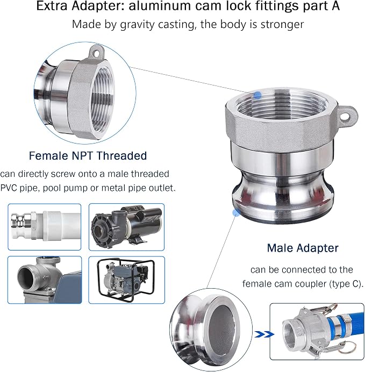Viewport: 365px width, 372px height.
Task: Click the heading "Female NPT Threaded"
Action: (x=88, y=156)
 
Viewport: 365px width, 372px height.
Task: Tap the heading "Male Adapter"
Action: (x=303, y=248)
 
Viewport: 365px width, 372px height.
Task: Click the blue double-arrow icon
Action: (x=264, y=334)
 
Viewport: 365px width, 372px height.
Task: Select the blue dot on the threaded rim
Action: (x=257, y=95)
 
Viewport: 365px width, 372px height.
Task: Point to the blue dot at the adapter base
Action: (x=236, y=212)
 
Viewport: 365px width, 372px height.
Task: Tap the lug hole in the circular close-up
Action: (x=97, y=53)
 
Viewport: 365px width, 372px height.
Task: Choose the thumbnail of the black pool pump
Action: (x=126, y=227)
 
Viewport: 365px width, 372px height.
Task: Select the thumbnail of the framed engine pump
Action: (x=126, y=280)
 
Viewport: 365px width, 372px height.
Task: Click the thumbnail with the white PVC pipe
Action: (x=45, y=227)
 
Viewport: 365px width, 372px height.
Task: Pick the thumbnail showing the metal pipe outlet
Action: (x=45, y=280)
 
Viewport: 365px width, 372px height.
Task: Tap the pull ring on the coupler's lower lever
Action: (x=347, y=348)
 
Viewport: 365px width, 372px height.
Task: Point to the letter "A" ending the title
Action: (x=335, y=6)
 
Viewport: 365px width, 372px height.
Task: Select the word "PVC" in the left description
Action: (x=9, y=188)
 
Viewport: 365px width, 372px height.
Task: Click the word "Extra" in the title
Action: (x=52, y=6)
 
